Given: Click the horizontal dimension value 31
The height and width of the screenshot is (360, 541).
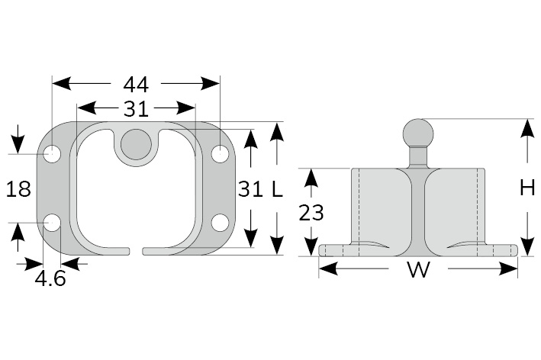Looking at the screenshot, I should pyautogui.click(x=136, y=109).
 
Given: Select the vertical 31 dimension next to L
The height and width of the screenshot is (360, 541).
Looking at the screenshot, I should pyautogui.click(x=250, y=189).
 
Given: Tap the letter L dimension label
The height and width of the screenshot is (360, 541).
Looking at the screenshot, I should pyautogui.click(x=277, y=189).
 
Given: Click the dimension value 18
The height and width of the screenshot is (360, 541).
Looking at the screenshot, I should pyautogui.click(x=18, y=189).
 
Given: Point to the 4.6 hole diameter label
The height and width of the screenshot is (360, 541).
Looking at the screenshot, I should pyautogui.click(x=50, y=278).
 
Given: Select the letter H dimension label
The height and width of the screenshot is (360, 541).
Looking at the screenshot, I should pyautogui.click(x=527, y=188).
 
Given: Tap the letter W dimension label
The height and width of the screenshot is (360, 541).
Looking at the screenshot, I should pyautogui.click(x=417, y=269).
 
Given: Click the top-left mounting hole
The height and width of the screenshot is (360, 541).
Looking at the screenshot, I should pyautogui.click(x=52, y=154).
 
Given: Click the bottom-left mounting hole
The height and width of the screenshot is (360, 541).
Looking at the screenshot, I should pyautogui.click(x=52, y=223).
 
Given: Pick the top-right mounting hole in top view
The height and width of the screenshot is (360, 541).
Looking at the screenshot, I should pyautogui.click(x=220, y=154).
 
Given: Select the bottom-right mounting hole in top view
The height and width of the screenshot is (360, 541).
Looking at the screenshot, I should pyautogui.click(x=220, y=223).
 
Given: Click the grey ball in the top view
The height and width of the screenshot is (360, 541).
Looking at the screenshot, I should pyautogui.click(x=136, y=143).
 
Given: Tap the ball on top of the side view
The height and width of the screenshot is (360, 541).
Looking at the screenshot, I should pyautogui.click(x=417, y=133).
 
